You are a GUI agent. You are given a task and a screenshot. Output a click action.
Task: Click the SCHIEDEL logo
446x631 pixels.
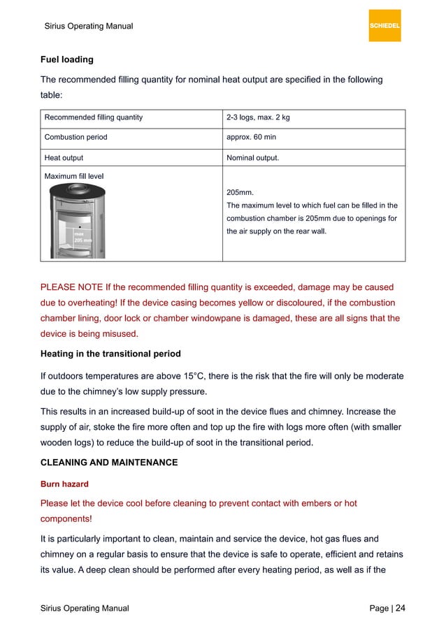point(384,26)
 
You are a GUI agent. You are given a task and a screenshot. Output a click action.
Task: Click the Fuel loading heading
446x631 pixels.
point(66,59)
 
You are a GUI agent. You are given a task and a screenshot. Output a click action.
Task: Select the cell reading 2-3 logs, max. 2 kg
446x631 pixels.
point(258,117)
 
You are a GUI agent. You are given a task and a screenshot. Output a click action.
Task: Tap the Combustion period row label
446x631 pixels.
point(75,137)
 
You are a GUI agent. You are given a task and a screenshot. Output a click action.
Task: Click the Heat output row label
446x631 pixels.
point(64,158)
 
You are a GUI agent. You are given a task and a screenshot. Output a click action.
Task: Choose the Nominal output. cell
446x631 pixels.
point(252,158)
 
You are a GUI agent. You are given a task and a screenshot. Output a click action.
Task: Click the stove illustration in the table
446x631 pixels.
point(77,220)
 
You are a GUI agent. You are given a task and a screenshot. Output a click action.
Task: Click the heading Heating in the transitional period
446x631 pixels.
point(110,354)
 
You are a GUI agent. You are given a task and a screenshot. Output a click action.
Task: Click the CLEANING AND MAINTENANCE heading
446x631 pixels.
point(109,463)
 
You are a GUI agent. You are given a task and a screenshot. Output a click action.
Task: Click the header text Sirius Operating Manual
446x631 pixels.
point(88,27)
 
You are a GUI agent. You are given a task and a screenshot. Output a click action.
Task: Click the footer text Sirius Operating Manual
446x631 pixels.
point(85,609)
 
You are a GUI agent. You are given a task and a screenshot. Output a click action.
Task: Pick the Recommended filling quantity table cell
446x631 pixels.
point(94,117)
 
